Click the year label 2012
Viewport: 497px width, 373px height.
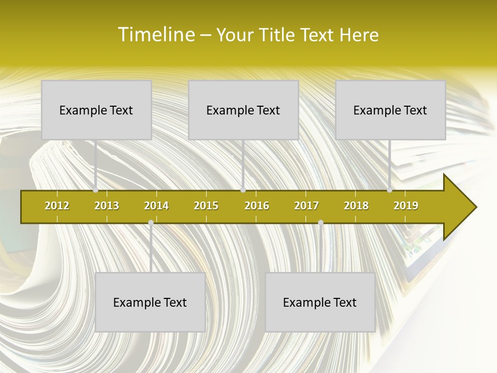click(x=57, y=206)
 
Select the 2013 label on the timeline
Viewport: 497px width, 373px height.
click(x=107, y=206)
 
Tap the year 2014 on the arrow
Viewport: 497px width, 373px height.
click(x=156, y=206)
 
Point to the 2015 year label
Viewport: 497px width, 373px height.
click(x=206, y=206)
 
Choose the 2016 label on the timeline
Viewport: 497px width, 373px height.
click(x=257, y=206)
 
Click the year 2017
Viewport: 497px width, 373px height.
click(x=306, y=206)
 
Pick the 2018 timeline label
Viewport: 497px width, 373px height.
click(x=356, y=206)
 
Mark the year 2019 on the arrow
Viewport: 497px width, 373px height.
click(x=406, y=206)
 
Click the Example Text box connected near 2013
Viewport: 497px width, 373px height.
click(x=96, y=110)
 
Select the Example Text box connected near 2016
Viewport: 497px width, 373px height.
click(x=243, y=110)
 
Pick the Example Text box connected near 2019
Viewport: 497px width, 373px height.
click(x=390, y=110)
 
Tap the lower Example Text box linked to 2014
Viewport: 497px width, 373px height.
click(x=150, y=302)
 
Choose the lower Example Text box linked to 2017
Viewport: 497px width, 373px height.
click(x=320, y=302)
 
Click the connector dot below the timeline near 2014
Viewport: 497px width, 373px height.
click(x=151, y=223)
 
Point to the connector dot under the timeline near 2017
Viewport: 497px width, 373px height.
click(x=320, y=223)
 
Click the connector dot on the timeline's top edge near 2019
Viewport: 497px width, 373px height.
click(x=389, y=190)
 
